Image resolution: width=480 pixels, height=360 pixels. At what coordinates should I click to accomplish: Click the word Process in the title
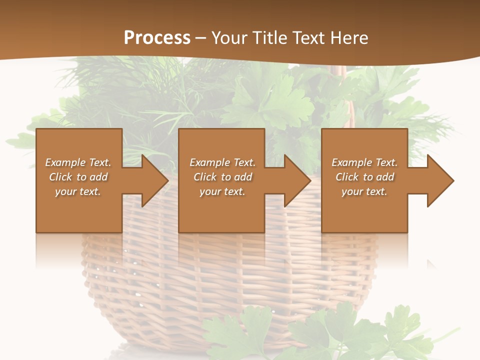[x=157, y=37]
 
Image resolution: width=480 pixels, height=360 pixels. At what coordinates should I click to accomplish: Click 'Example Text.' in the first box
[x=78, y=162]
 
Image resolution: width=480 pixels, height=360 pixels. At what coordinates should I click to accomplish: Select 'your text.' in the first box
[x=78, y=191]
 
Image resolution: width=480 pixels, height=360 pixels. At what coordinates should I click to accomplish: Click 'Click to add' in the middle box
[x=222, y=177]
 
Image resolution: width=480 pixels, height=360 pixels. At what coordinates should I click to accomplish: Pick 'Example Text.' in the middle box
[x=222, y=162]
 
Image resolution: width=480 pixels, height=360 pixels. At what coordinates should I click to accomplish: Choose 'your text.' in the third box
[x=364, y=191]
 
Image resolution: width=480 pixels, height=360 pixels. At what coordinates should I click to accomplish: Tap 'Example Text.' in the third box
[x=364, y=162]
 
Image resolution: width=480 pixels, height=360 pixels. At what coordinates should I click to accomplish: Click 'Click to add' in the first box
[x=78, y=177]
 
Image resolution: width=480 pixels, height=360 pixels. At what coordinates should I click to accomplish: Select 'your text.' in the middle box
[x=222, y=191]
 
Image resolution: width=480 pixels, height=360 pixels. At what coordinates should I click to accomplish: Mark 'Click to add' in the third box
[x=364, y=177]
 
